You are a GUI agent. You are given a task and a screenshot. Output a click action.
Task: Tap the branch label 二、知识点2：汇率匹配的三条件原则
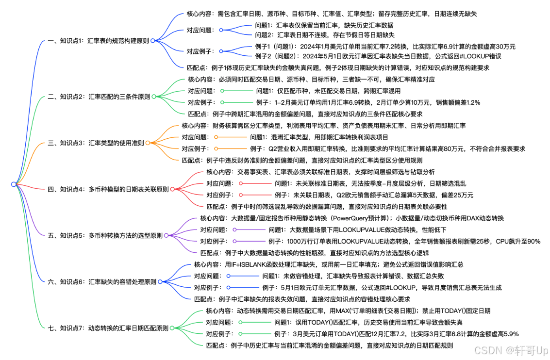pos(99,97)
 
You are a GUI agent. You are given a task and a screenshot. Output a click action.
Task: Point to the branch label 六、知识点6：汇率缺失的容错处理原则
pos(102,281)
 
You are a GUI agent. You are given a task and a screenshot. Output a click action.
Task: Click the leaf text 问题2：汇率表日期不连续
pos(324,35)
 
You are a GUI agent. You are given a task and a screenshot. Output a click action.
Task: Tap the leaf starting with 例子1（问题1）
pos(385,47)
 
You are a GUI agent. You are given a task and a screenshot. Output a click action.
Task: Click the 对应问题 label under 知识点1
pos(200,30)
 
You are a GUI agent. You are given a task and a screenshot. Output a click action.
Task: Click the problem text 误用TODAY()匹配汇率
pos(368,322)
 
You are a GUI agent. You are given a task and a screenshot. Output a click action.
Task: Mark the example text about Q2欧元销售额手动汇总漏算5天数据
pos(373,195)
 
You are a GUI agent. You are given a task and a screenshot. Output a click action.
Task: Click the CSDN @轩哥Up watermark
pos(511,350)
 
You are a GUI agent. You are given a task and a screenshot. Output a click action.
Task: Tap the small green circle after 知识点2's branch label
pos(153,97)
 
